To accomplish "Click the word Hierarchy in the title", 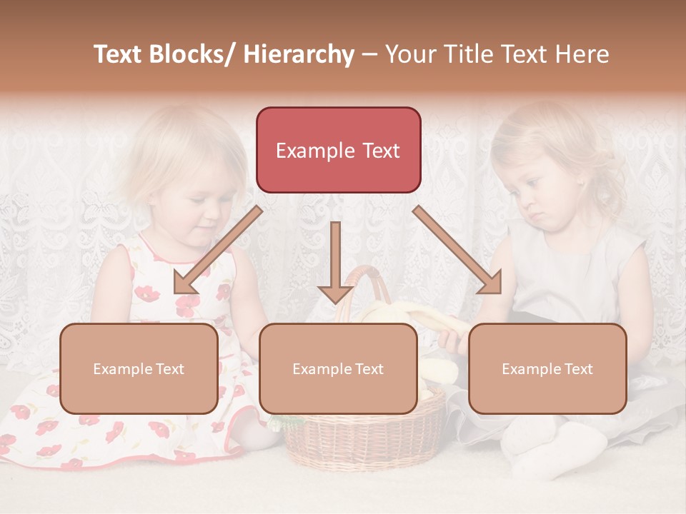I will coord(298,54).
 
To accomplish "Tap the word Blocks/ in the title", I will coord(194,54).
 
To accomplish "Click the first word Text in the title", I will coord(121,54).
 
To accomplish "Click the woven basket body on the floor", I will coord(364,435).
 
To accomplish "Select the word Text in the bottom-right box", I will coord(577,369).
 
